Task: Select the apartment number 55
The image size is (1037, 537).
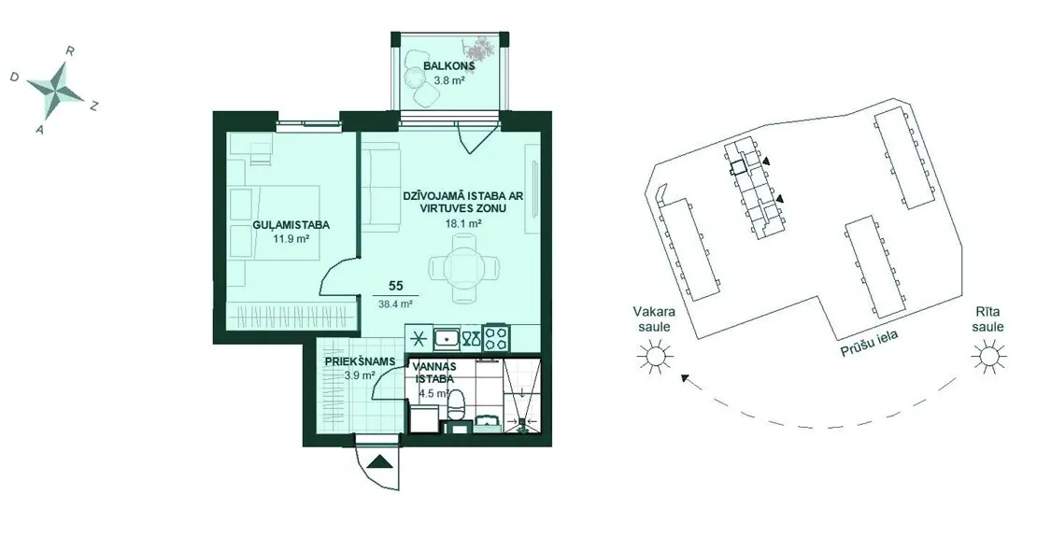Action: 395,286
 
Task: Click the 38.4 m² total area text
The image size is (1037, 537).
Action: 395,304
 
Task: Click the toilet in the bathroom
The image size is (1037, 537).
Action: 456,404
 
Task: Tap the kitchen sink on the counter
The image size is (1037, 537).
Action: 447,339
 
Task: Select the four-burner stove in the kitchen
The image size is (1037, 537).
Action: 495,339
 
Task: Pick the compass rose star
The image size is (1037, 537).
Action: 57,89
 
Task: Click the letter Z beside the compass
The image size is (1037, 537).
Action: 94,106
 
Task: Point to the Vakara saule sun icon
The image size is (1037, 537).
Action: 655,357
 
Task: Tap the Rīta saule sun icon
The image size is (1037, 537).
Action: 988,357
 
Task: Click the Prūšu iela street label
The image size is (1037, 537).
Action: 871,345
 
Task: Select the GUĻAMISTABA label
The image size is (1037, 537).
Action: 291,225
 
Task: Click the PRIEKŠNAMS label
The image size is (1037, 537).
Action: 360,361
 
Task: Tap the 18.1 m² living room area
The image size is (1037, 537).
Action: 463,223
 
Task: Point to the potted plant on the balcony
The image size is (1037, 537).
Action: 479,49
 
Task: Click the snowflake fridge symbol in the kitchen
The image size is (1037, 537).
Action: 418,339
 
